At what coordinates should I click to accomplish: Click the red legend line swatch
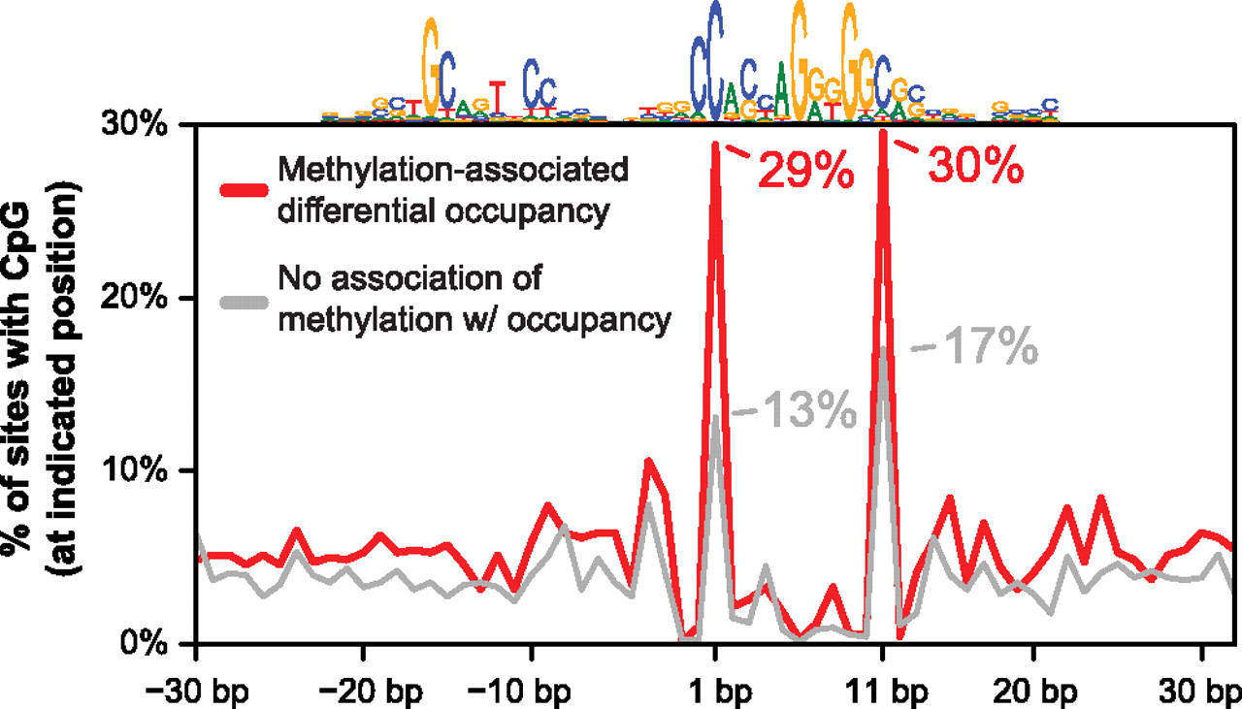239,190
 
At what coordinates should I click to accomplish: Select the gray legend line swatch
239,302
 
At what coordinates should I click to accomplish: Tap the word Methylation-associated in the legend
453,171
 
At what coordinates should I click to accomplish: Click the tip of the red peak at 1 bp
715,144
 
